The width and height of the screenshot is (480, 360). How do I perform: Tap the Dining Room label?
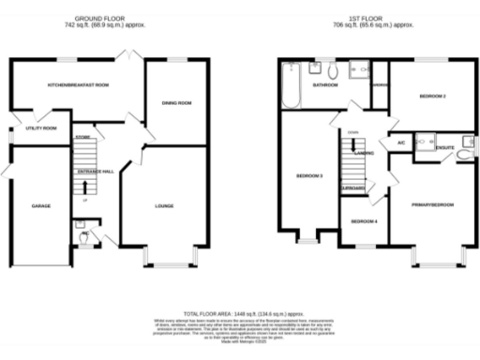pyautogui.click(x=177, y=103)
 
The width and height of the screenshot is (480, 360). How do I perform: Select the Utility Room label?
pyautogui.click(x=41, y=127)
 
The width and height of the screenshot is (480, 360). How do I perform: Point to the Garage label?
pyautogui.click(x=40, y=205)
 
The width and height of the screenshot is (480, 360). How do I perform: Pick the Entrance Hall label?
pyautogui.click(x=96, y=171)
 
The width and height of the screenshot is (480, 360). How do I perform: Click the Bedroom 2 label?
pyautogui.click(x=432, y=97)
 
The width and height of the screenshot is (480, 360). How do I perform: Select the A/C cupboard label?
pyautogui.click(x=400, y=142)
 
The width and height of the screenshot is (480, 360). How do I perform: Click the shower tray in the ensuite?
pyautogui.click(x=423, y=142)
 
